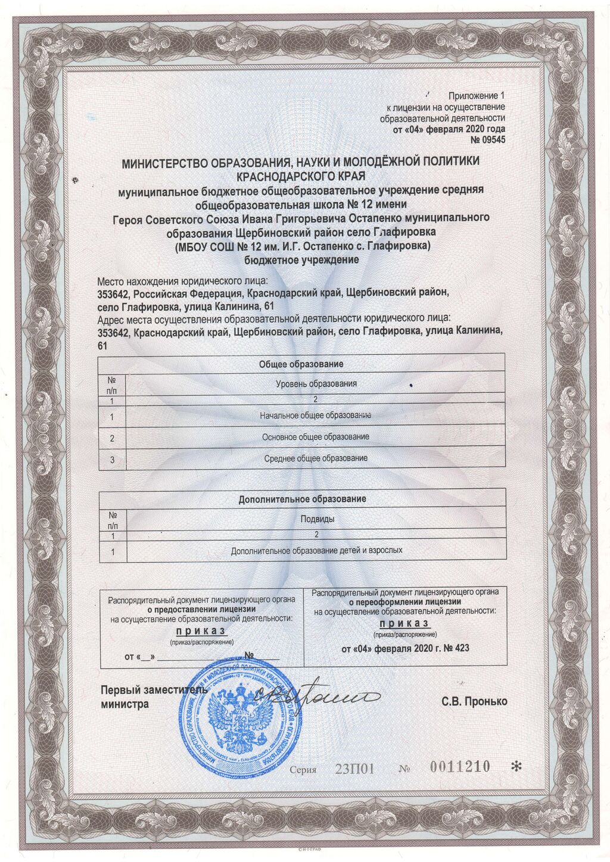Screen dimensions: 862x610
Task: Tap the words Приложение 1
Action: pos(476,95)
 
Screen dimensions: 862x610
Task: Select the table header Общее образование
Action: pos(301,364)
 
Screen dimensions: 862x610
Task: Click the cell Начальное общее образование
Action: pos(316,415)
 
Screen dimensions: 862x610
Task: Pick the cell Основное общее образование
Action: pos(316,437)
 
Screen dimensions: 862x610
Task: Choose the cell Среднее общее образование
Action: pos(316,458)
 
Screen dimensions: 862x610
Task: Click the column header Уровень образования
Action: pos(316,384)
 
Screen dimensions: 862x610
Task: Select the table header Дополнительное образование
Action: pos(302,499)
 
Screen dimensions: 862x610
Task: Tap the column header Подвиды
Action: pos(317,519)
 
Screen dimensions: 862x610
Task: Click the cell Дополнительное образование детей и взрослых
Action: pos(316,551)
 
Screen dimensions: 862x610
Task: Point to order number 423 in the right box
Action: pos(462,648)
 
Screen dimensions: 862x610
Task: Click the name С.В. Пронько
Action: pos(474,701)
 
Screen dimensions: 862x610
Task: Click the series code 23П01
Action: pos(354,769)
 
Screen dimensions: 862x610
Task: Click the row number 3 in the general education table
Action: pos(113,459)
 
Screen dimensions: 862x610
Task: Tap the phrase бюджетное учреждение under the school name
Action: pos(302,260)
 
